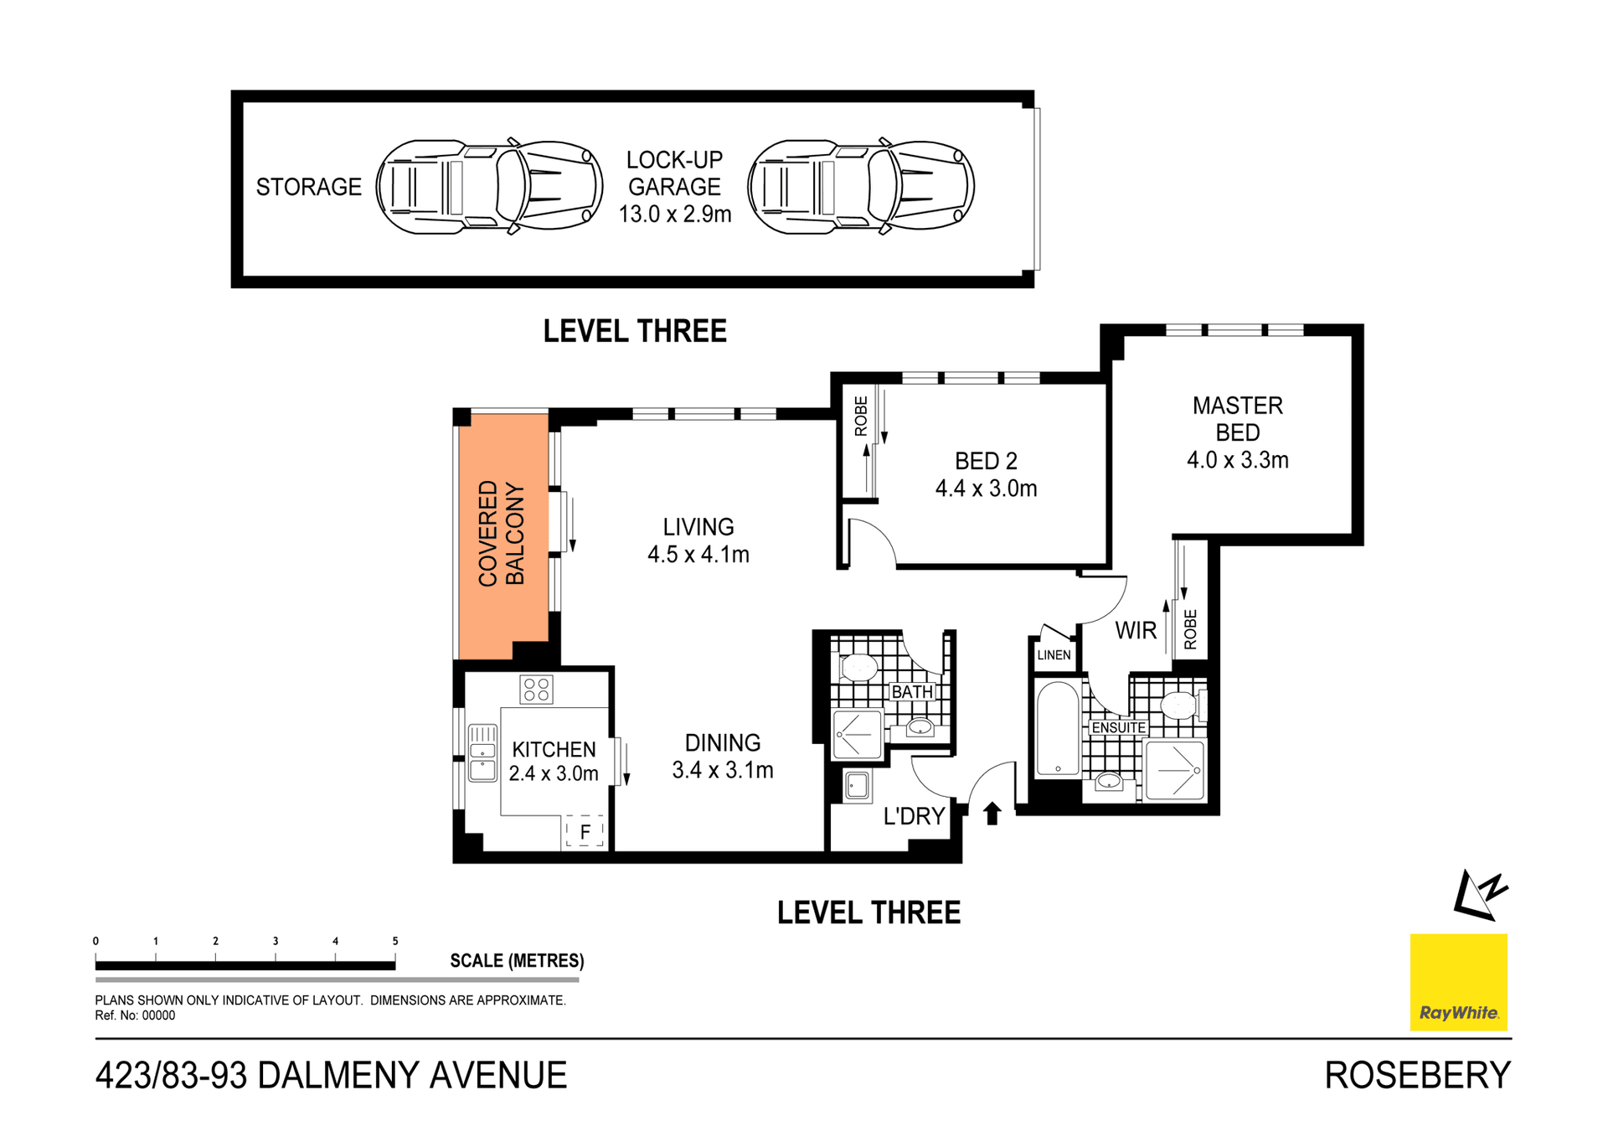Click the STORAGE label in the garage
[308, 187]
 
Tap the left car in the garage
[489, 187]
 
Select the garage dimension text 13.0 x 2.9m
[675, 214]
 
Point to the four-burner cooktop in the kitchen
[536, 690]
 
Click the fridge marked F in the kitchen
[585, 832]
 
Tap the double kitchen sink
[482, 752]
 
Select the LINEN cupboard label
[1054, 655]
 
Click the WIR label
[1135, 631]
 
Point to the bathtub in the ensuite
[1058, 729]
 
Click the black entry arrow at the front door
[992, 813]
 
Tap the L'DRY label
[914, 816]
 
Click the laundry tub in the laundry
[857, 786]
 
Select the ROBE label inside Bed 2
[861, 416]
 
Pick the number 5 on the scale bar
[395, 941]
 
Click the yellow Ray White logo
[1458, 982]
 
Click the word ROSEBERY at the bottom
[1417, 1076]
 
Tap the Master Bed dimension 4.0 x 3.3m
[1237, 460]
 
